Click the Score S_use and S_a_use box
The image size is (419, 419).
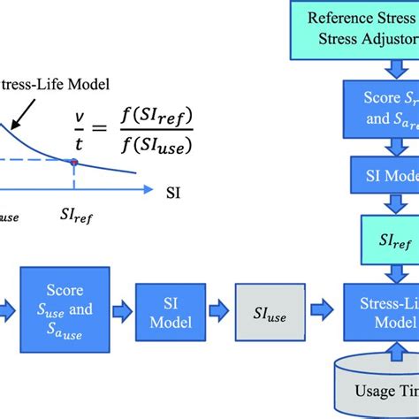click(66, 307)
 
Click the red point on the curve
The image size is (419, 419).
click(73, 163)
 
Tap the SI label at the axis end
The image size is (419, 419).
click(173, 189)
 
